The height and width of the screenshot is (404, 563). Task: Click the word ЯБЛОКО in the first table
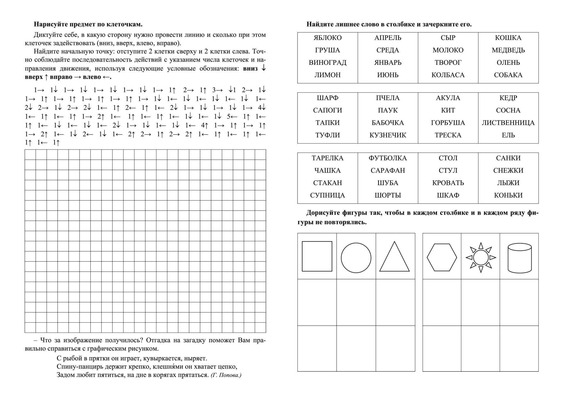tap(328, 38)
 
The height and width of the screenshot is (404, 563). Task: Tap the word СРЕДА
tap(388, 50)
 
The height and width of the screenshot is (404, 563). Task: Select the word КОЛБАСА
tap(448, 75)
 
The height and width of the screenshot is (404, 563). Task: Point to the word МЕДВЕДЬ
tap(508, 50)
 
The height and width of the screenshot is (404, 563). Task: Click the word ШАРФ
tap(328, 98)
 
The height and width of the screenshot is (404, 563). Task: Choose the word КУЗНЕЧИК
tap(388, 135)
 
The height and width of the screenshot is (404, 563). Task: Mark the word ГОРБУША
tap(448, 123)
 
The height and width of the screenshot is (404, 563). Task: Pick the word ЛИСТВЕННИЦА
tap(508, 123)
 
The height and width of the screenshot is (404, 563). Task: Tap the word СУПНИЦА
tap(328, 195)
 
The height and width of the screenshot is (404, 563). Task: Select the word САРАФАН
tap(388, 170)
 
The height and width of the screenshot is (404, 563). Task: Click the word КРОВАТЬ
tap(448, 183)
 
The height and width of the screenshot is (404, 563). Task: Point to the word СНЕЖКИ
tap(508, 170)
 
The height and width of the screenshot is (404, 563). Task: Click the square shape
tap(317, 256)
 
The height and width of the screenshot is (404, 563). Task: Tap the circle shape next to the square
tap(356, 258)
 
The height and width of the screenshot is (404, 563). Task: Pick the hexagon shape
tap(442, 257)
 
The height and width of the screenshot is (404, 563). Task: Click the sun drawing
tap(481, 257)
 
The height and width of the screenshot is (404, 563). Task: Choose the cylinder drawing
tap(519, 258)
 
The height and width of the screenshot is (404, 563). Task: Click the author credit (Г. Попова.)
tap(226, 375)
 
